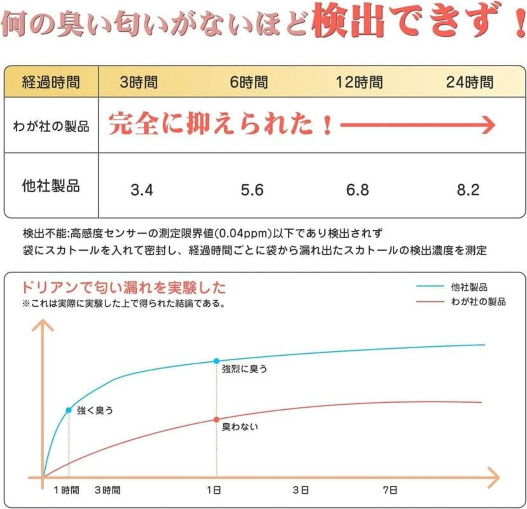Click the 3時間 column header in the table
pos(139,82)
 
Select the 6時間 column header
pos(249,82)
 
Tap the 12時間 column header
pos(359,82)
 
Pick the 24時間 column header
pos(470,82)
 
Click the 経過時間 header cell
pos(51,82)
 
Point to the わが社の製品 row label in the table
pos(51,126)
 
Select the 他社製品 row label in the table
pos(51,186)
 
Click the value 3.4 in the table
pos(142,190)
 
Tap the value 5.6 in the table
pos(252,190)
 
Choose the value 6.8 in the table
pos(357,190)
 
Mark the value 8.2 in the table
pos(468,190)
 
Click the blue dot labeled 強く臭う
pos(69,410)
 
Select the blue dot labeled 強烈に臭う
pos(217,361)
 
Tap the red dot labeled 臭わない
pos(217,420)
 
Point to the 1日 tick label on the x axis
pos(214,490)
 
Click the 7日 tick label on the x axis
pos(390,490)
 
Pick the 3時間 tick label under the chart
pos(107,490)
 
